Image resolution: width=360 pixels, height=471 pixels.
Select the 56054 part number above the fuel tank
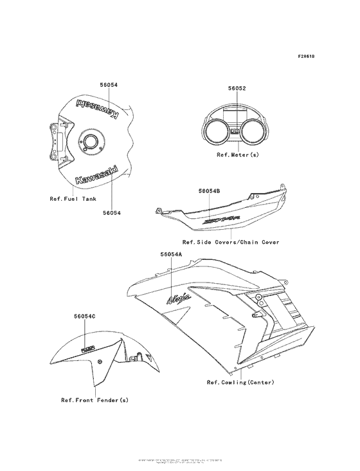[x=108, y=85]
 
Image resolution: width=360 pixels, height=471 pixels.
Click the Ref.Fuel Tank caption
[x=73, y=198]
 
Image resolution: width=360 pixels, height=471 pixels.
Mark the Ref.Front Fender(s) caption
[x=94, y=400]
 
